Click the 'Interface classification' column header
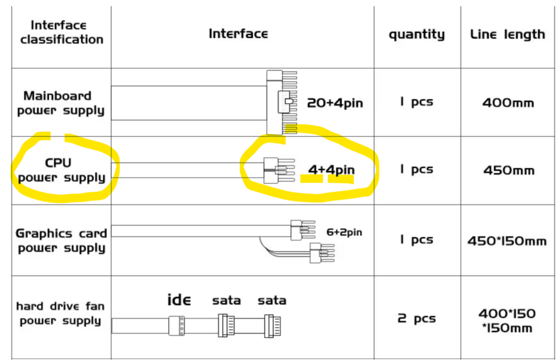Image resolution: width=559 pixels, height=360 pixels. coord(61,32)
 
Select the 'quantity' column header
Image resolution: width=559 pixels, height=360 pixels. coord(417,34)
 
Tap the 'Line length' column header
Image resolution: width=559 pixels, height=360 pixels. coord(508,34)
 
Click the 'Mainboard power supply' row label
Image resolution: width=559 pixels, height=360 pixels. coord(60,103)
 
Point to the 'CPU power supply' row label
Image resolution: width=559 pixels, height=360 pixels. coord(61,170)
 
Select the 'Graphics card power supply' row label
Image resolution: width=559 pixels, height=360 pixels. coord(61,240)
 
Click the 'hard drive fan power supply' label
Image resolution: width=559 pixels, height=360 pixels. coord(60,313)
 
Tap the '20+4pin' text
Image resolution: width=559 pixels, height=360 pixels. coord(335,103)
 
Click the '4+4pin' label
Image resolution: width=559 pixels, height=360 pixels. coord(331,170)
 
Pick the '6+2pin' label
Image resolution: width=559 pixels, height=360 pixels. coord(344,233)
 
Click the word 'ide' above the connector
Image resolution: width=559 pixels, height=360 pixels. coord(179,300)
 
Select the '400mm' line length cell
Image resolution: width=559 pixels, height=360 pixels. coord(508,103)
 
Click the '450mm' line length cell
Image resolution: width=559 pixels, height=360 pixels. coord(509,170)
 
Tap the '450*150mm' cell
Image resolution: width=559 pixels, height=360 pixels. coord(507,241)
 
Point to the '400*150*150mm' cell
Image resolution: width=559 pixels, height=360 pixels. coord(507,320)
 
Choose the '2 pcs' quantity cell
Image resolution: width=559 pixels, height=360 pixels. coord(416,318)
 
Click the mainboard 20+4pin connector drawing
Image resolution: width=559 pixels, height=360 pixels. coord(282,102)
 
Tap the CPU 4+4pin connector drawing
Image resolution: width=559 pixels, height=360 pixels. coord(279,170)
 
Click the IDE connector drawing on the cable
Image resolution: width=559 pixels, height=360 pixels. coord(177,325)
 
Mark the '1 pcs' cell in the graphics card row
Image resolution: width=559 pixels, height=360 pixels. coord(416,239)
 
